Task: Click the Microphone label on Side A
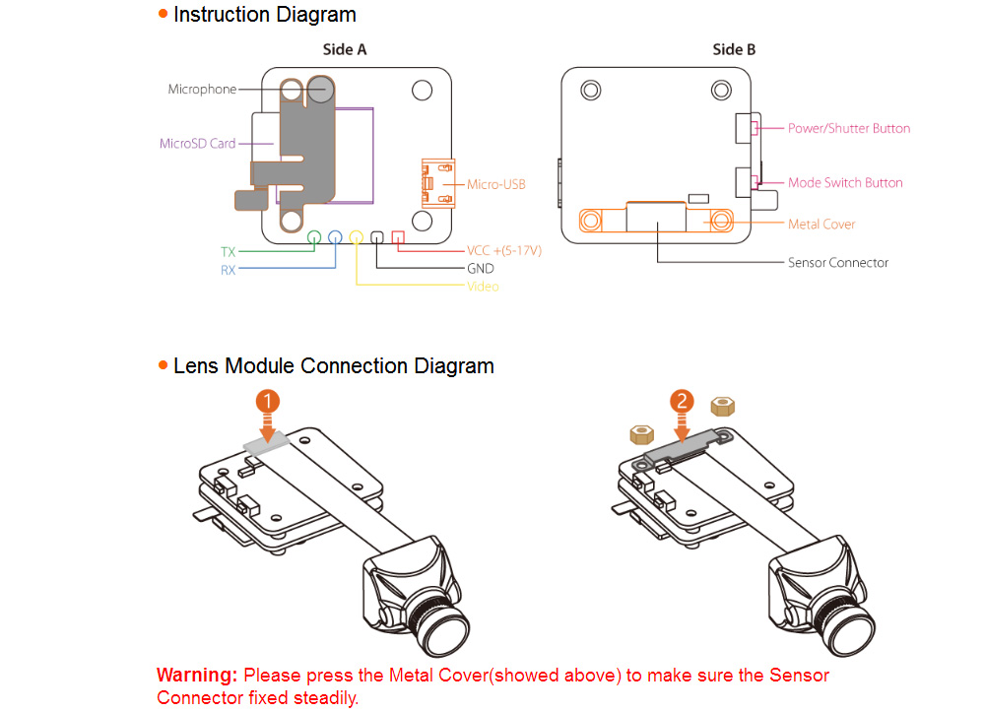[x=202, y=90]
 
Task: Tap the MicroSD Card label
[x=197, y=143]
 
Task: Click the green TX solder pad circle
[x=314, y=236]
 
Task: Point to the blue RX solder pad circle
[x=335, y=236]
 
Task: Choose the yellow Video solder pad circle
[x=356, y=236]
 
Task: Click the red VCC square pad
[x=398, y=236]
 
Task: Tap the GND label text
[x=481, y=268]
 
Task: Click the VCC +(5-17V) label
[x=504, y=250]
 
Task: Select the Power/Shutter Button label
[x=848, y=128]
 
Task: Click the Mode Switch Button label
[x=844, y=182]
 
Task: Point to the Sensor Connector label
[x=837, y=263]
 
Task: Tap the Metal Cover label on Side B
[x=821, y=225]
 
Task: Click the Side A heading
[x=345, y=49]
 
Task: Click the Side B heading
[x=734, y=49]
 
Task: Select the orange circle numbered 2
[x=682, y=401]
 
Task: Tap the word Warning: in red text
[x=197, y=676]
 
